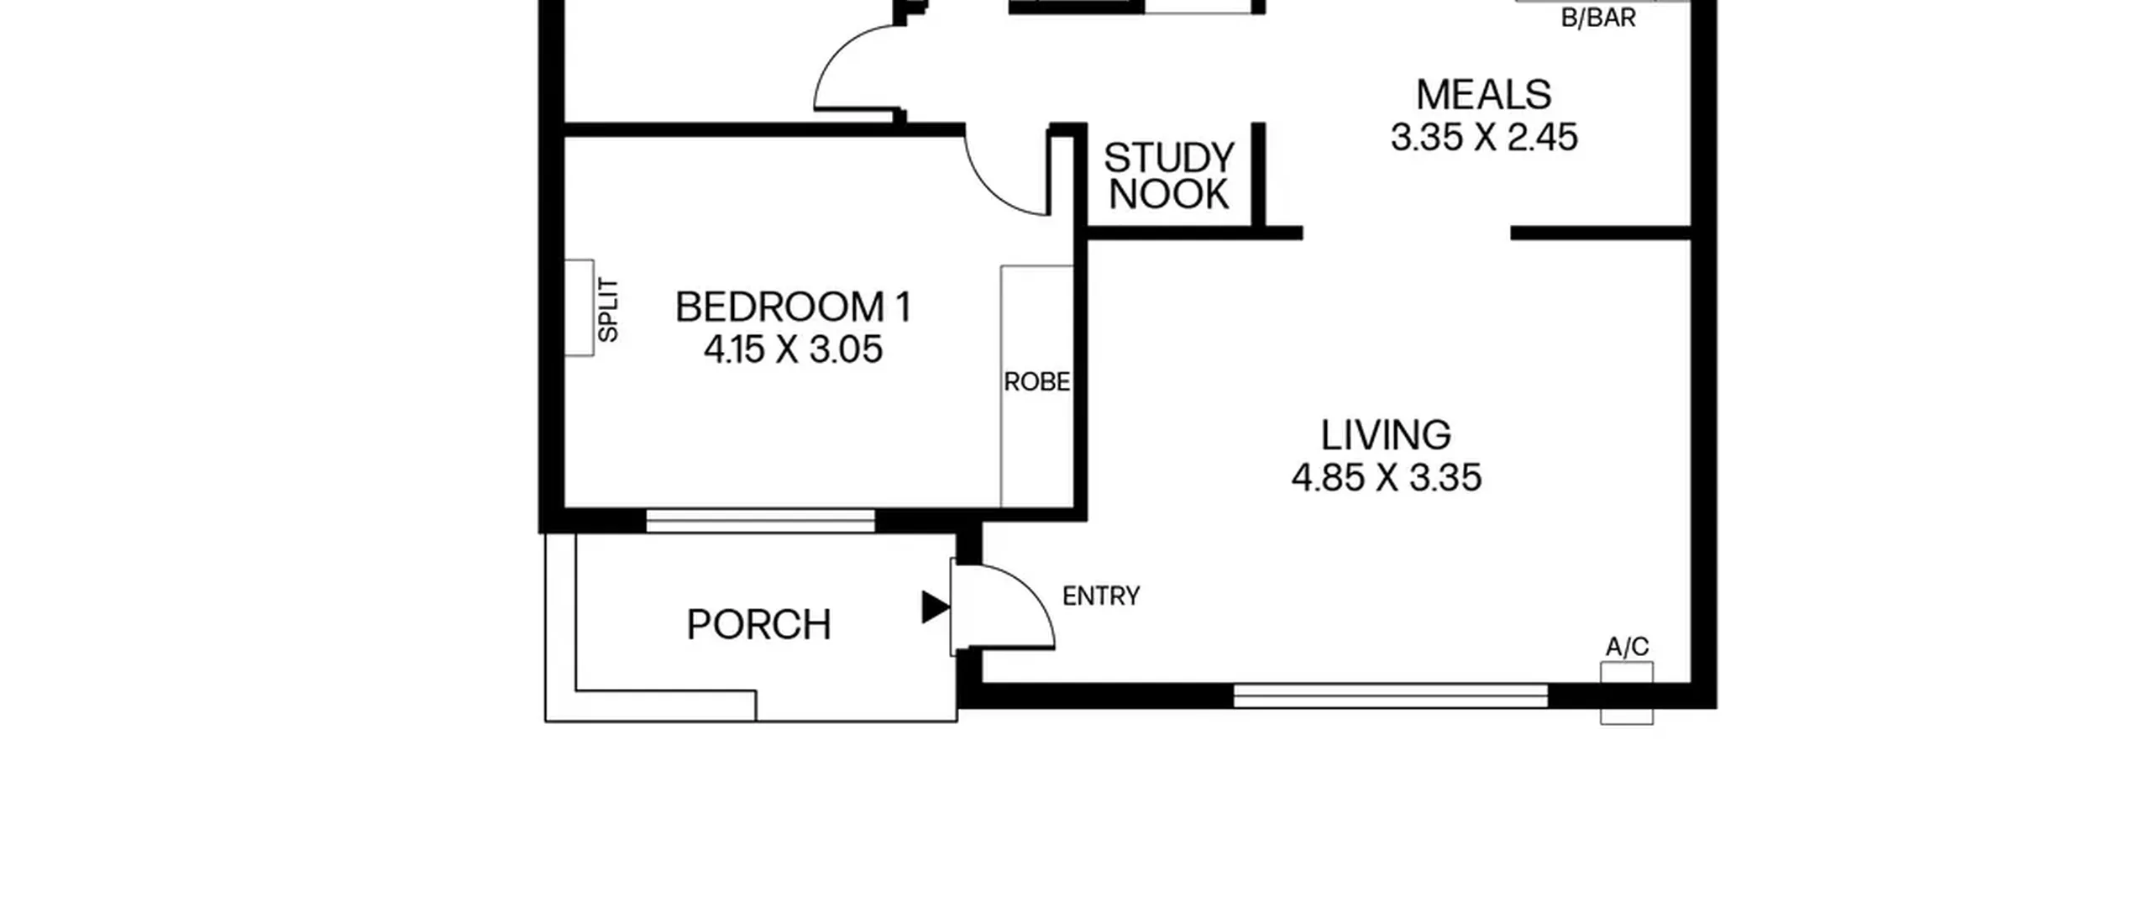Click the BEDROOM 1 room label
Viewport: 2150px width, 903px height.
(x=793, y=307)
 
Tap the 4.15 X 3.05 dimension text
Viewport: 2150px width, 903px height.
(x=793, y=349)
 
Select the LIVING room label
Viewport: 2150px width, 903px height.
(x=1386, y=435)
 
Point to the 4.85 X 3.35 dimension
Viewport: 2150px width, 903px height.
(x=1386, y=477)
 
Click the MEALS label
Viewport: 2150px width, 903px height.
(x=1483, y=94)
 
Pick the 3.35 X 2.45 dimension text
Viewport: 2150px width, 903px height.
(x=1484, y=137)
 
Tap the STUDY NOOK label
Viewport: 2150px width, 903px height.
(x=1168, y=176)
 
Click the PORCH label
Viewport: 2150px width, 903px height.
(x=758, y=625)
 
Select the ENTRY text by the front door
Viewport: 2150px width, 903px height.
(x=1101, y=596)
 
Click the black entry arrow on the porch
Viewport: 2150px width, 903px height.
(x=935, y=607)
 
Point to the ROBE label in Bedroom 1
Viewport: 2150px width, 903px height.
(x=1036, y=382)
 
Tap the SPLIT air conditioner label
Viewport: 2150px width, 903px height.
(x=608, y=310)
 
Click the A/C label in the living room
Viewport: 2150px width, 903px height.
(x=1627, y=647)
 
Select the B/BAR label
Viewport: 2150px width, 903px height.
(x=1597, y=18)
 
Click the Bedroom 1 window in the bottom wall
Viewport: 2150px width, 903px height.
(x=760, y=521)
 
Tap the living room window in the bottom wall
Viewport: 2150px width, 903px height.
(x=1390, y=696)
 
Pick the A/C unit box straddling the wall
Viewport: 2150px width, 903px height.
(x=1627, y=693)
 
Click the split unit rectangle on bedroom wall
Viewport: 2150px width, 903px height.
(x=579, y=307)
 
